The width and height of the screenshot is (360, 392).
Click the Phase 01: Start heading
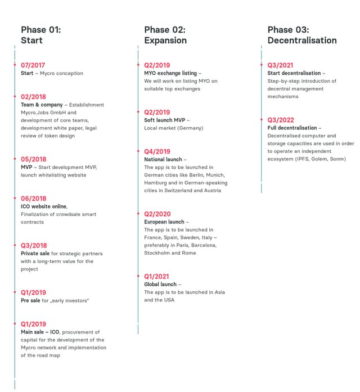40,35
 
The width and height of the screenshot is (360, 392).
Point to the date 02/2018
34,97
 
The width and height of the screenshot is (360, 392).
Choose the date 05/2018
34,159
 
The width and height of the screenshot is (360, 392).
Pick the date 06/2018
34,199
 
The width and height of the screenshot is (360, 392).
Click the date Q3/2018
34,246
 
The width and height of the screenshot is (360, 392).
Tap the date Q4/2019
157,151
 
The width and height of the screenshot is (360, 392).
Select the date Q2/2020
157,214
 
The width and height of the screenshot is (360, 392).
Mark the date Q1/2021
157,276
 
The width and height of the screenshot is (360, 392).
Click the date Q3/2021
281,65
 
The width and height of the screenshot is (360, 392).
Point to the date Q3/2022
281,120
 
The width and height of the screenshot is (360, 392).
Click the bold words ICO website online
44,206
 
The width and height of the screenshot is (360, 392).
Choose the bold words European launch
164,222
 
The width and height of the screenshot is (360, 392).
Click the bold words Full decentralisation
292,128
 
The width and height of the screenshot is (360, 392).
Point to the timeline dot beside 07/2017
15,65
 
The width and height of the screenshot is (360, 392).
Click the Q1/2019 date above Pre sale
34,292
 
